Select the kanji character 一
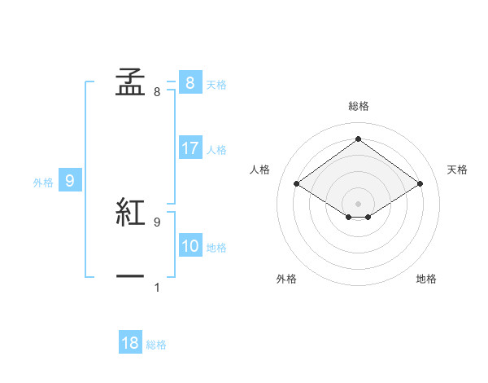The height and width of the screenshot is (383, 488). pos(130,277)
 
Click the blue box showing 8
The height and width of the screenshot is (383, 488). pos(190,82)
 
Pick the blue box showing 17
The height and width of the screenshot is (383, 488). pos(190,148)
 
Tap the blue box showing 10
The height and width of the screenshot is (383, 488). pos(190,246)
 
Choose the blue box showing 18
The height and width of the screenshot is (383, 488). pos(130,343)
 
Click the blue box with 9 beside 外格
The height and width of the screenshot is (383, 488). pos(70,181)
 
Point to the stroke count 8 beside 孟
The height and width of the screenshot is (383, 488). pos(157,92)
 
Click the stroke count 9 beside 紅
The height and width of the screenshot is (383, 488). pos(157,222)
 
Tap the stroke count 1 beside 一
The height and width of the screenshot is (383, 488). pos(157,287)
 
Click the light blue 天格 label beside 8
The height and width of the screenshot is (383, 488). pos(216,84)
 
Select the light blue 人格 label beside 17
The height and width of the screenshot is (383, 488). pos(216,150)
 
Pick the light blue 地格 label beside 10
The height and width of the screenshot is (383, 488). pos(216,248)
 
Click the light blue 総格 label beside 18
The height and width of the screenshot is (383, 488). pos(156,345)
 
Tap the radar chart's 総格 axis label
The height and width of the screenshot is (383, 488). pos(359,106)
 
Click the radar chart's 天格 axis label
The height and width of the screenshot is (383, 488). pos(457,169)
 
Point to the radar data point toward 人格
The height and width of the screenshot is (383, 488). pos(297,184)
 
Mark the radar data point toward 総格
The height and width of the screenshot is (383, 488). pos(358,139)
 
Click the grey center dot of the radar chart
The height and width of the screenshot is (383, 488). pos(358,203)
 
